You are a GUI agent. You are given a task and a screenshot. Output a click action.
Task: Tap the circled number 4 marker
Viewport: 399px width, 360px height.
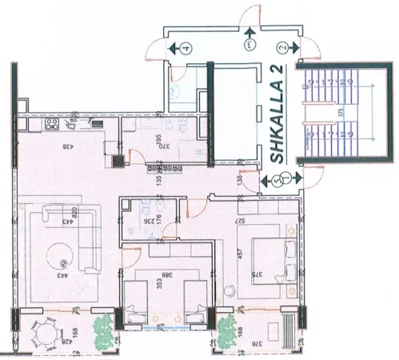(186, 48)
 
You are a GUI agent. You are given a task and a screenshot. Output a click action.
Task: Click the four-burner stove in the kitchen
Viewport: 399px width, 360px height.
(52, 125)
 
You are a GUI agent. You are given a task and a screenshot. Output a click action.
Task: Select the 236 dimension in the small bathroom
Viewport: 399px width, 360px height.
(147, 215)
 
